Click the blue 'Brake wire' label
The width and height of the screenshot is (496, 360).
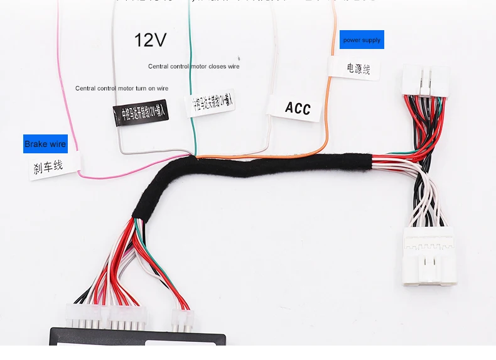click(x=45, y=144)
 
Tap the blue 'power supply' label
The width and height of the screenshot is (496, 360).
click(x=362, y=40)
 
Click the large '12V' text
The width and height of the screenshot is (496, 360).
click(x=151, y=40)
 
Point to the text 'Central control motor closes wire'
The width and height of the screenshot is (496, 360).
click(x=193, y=66)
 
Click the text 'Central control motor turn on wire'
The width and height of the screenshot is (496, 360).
click(x=122, y=89)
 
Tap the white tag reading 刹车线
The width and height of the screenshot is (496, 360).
click(x=53, y=166)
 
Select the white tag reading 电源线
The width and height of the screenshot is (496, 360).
click(x=355, y=68)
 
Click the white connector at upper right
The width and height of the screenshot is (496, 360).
click(x=426, y=81)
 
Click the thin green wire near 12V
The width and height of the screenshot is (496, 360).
click(x=190, y=57)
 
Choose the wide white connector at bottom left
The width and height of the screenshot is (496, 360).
click(x=107, y=315)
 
